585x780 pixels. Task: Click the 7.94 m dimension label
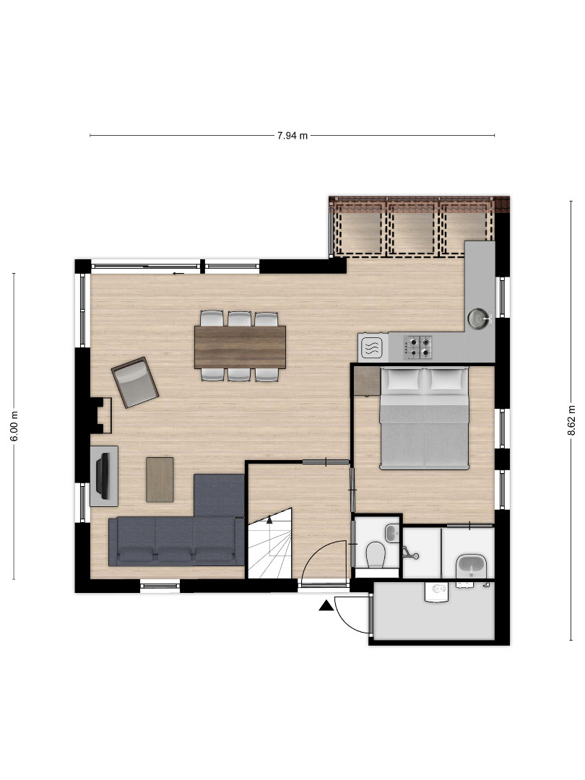pos(292,135)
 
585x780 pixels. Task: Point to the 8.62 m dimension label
pos(571,420)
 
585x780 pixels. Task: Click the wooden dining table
pos(240,347)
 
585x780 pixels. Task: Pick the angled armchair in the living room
pos(135,382)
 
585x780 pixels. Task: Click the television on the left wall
pos(103,476)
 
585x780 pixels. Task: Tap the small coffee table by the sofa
pos(160,480)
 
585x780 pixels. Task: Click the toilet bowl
pos(376,554)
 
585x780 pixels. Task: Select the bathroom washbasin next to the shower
pos(471,566)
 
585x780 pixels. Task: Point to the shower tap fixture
pos(409,553)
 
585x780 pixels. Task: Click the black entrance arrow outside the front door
pos(326,605)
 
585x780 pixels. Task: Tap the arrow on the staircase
pos(269,520)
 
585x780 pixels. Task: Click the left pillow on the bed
pos(403,380)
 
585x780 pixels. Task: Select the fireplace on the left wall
pos(100,415)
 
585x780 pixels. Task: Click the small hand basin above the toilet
pos(392,533)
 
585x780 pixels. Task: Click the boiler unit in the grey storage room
pos(437,592)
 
